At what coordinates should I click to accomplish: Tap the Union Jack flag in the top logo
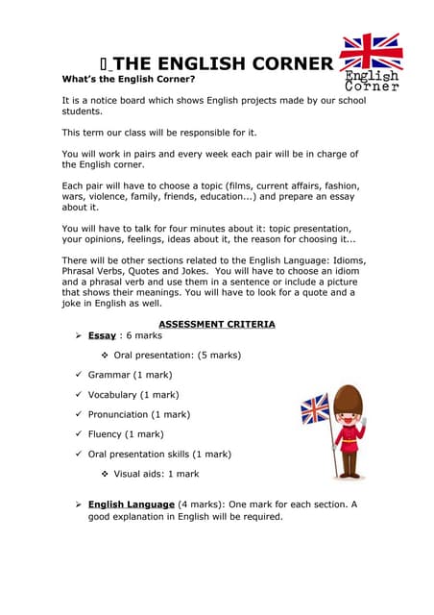[x=372, y=52]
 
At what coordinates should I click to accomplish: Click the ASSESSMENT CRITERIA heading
[x=216, y=325]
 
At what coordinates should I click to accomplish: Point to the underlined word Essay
[x=102, y=336]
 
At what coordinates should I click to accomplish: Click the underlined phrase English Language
[x=131, y=504]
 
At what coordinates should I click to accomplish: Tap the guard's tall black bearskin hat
[x=349, y=403]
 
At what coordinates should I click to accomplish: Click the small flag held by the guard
[x=315, y=409]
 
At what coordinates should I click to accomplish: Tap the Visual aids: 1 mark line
[x=157, y=474]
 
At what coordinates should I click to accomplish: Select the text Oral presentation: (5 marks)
[x=177, y=355]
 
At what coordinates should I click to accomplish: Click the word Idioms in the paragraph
[x=348, y=260]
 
